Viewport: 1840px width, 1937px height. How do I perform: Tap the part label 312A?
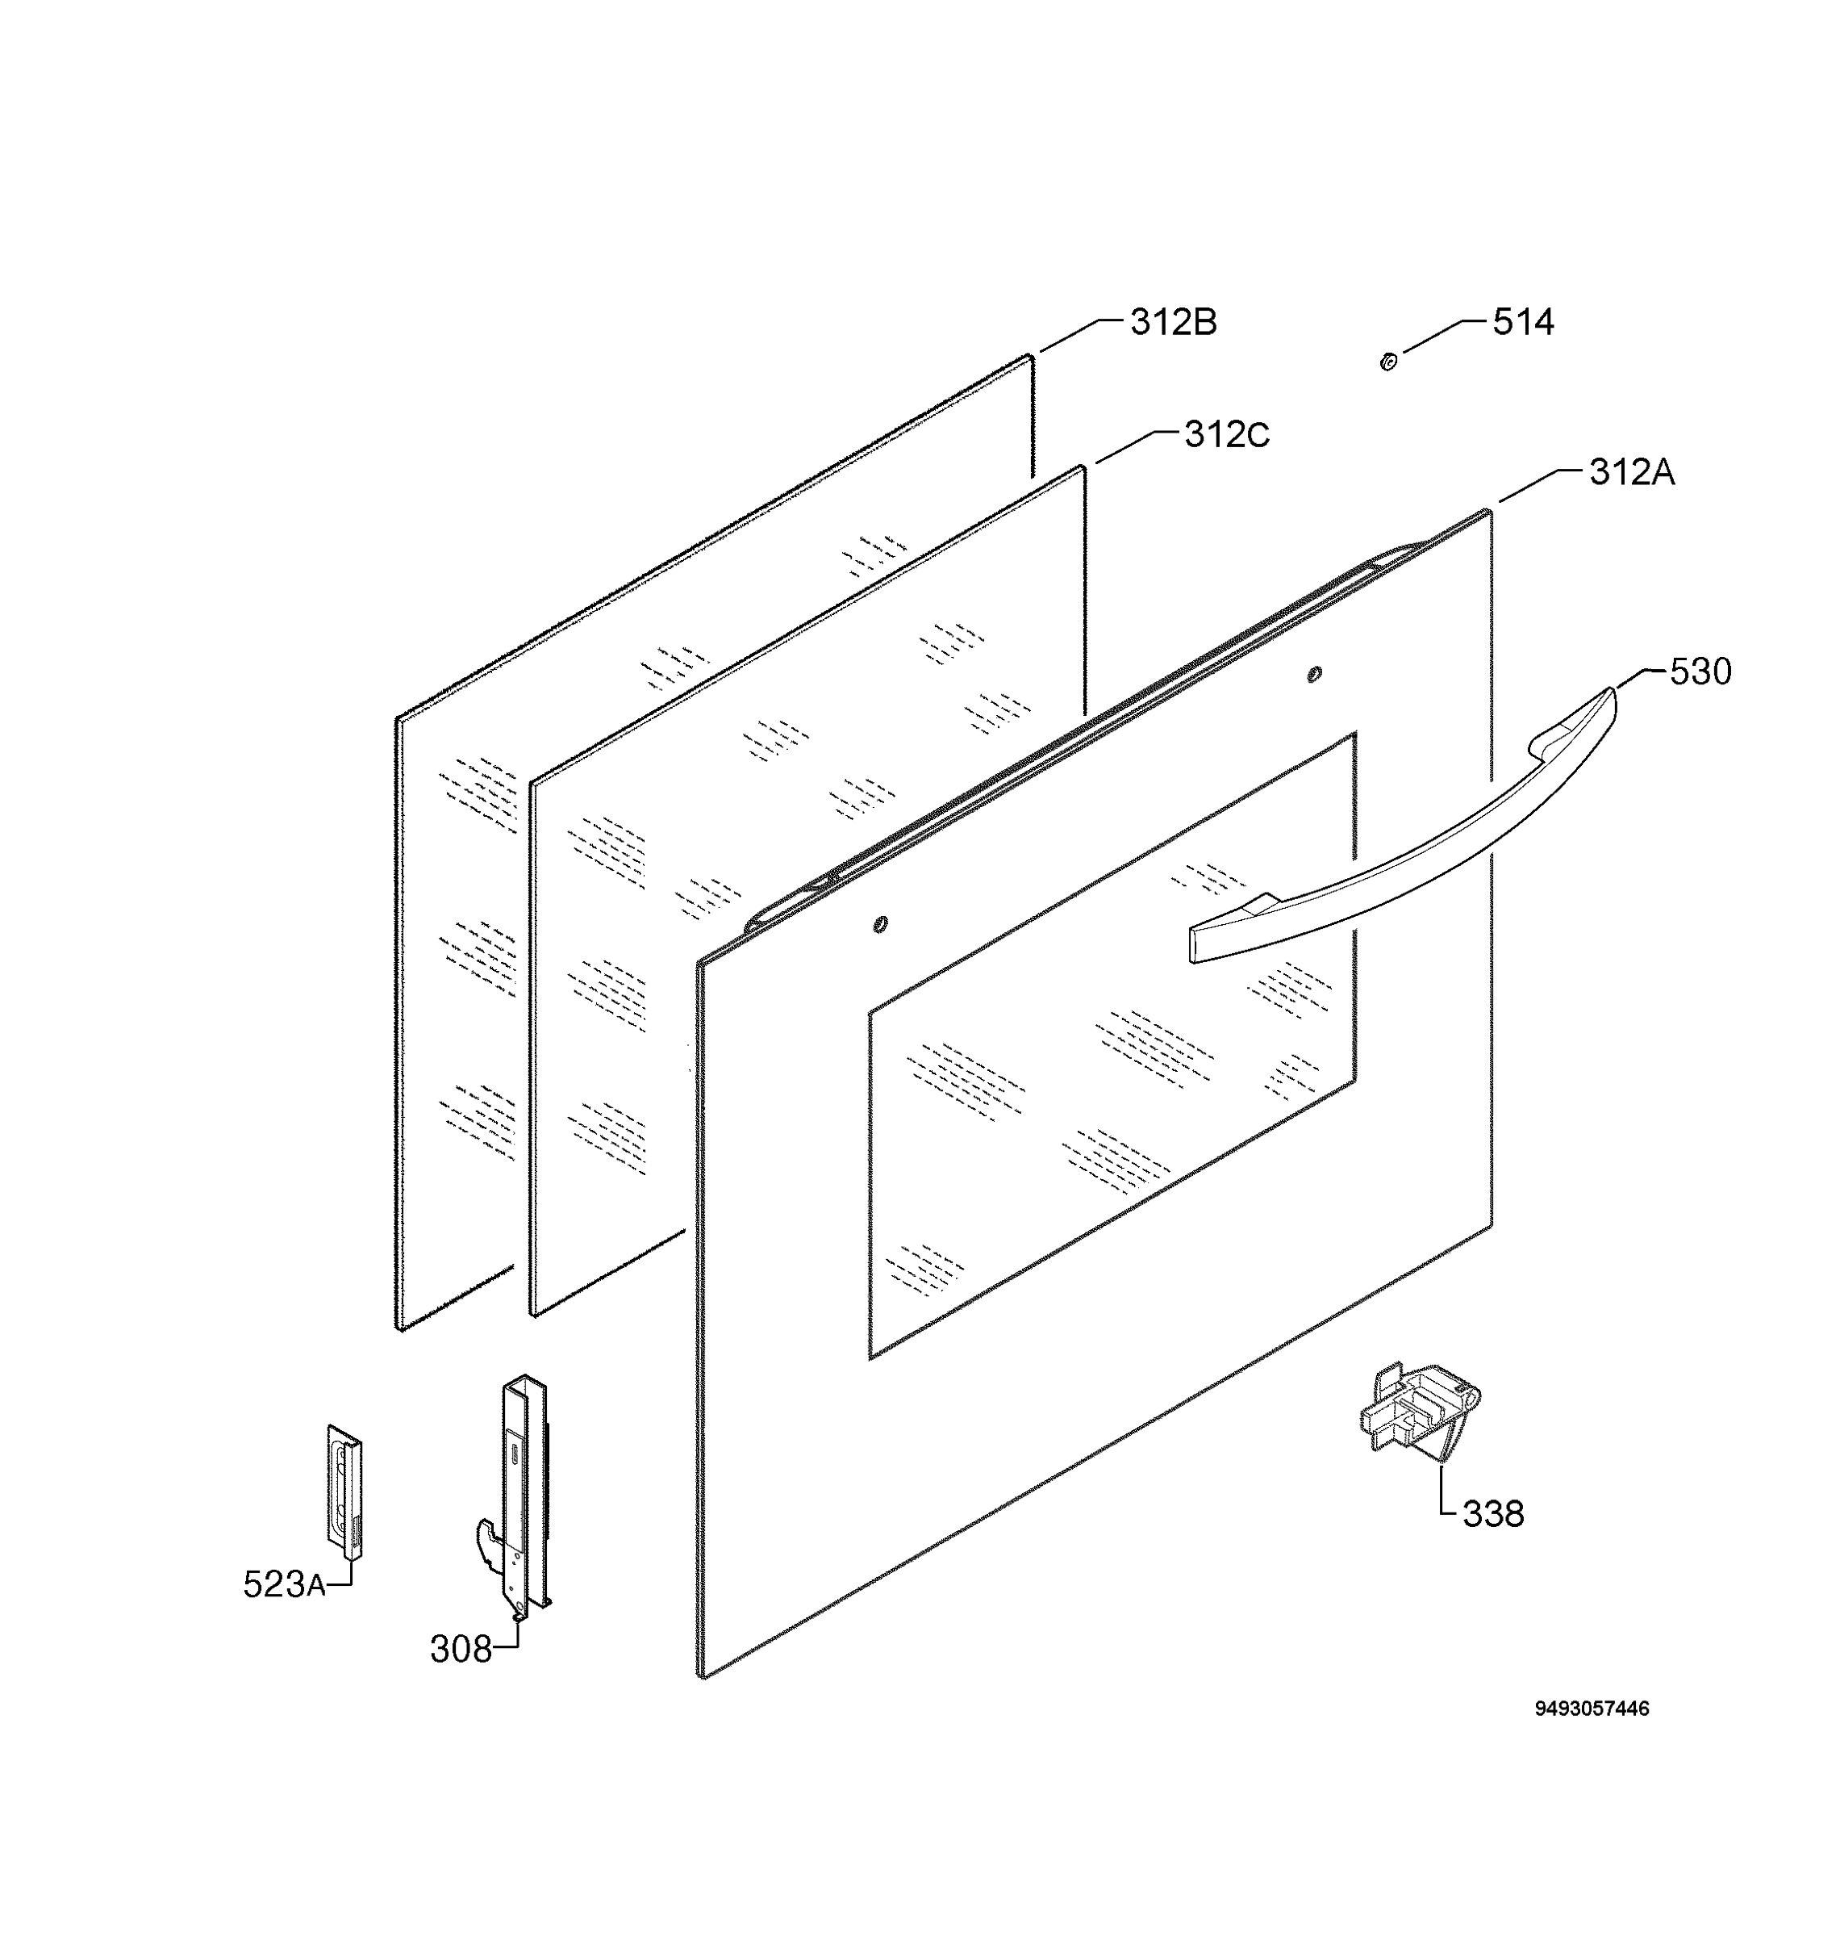pyautogui.click(x=1632, y=473)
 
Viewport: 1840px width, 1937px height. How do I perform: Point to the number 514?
pyautogui.click(x=1523, y=322)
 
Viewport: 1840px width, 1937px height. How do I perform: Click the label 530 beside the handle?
pyautogui.click(x=1700, y=671)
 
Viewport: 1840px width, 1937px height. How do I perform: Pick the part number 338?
pyautogui.click(x=1493, y=1514)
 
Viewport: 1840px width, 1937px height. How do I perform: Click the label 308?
pyautogui.click(x=461, y=1650)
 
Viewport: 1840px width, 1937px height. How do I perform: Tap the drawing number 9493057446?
pyautogui.click(x=1592, y=1709)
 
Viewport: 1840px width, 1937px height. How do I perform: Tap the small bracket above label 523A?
pyautogui.click(x=344, y=1491)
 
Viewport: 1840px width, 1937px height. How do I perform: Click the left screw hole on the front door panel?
pyautogui.click(x=880, y=923)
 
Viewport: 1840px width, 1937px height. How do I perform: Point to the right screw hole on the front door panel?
pyautogui.click(x=1314, y=673)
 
